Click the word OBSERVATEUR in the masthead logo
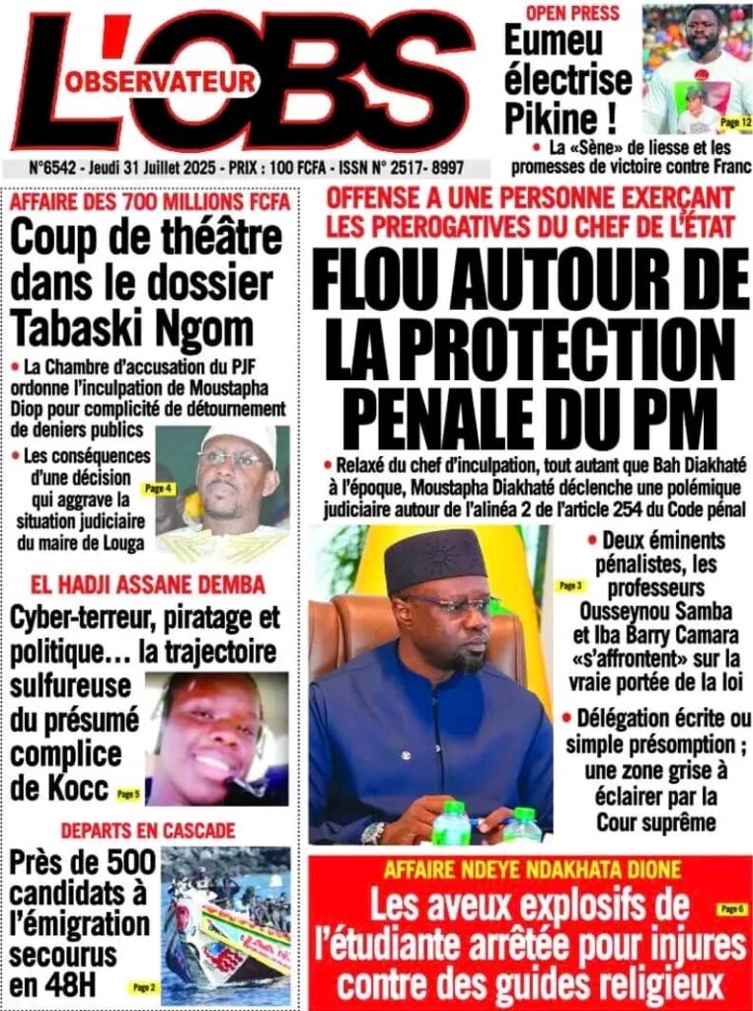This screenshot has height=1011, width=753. [x=161, y=85]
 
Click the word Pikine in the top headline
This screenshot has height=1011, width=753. [x=552, y=118]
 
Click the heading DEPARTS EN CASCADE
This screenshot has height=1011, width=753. [x=148, y=829]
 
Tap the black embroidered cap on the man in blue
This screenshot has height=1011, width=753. [x=435, y=559]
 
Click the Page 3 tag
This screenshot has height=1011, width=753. [x=569, y=585]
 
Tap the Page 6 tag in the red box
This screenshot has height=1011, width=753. [x=731, y=907]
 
